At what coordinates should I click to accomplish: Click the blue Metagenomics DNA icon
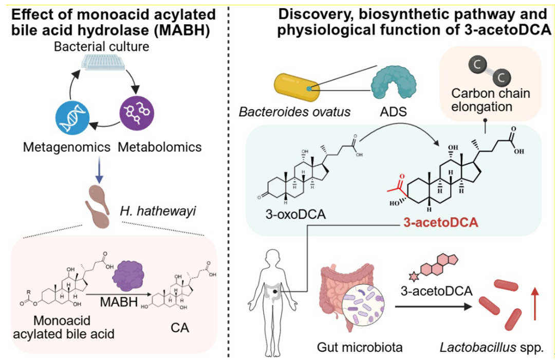click(72, 118)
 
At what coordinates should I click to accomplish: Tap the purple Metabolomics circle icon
click(137, 113)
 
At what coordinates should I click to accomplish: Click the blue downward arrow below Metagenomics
click(100, 169)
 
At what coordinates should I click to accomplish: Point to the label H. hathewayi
click(158, 211)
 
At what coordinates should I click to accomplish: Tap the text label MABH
click(119, 302)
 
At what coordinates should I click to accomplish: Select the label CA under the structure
click(180, 328)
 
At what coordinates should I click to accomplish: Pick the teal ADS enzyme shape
click(393, 83)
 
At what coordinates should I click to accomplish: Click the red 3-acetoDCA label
click(441, 223)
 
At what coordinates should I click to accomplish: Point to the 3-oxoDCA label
click(295, 214)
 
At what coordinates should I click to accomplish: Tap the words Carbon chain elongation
click(491, 100)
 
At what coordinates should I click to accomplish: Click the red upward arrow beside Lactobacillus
click(535, 303)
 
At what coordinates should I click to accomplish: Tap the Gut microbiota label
click(360, 347)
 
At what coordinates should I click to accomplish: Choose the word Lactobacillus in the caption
click(478, 348)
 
